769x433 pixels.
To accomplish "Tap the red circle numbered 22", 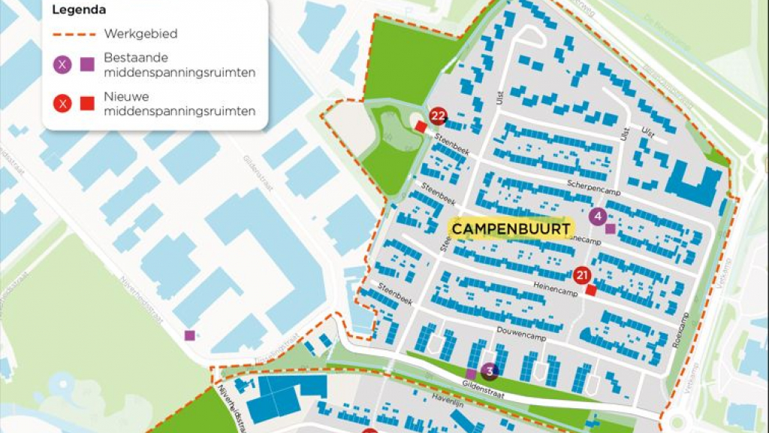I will click(x=439, y=116).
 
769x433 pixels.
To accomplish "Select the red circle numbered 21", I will click(x=581, y=276).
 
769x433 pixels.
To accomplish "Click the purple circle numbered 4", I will click(x=598, y=217).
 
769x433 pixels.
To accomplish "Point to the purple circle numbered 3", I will click(x=490, y=370).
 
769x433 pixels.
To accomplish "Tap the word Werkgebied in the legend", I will click(x=140, y=34).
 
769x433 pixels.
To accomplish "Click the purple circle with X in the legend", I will click(x=62, y=65).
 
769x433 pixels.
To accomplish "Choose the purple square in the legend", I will click(x=87, y=65).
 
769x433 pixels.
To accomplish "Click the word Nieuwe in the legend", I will click(x=126, y=98).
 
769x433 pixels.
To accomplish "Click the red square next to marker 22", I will click(x=421, y=128).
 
